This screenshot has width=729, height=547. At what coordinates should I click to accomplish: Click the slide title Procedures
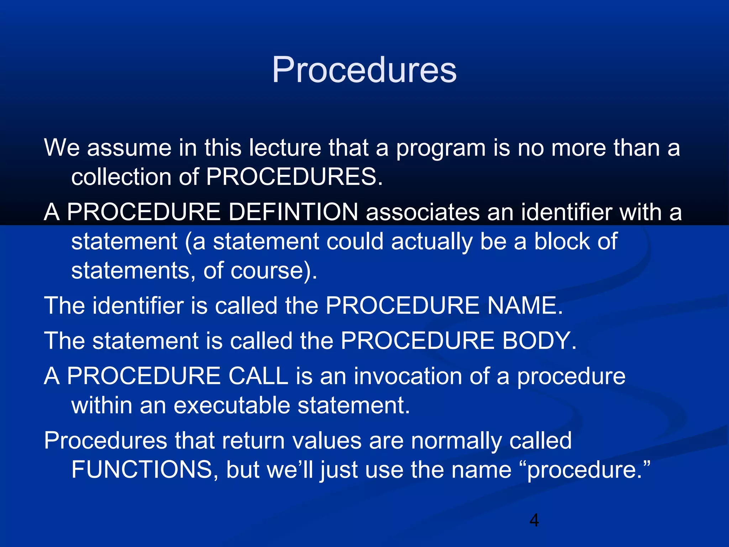[364, 70]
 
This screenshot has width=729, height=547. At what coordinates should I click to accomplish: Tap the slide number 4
[534, 520]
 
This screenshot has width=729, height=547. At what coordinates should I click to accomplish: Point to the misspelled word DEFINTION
[293, 212]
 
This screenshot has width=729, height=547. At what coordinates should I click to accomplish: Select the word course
[267, 270]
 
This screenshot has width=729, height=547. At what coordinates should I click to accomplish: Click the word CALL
[258, 376]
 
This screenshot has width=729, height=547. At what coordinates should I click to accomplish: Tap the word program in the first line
[441, 148]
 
